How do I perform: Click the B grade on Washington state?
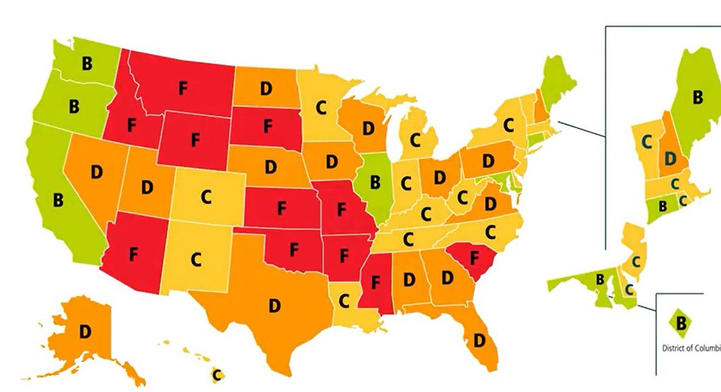(86, 64)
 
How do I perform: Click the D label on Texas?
(274, 305)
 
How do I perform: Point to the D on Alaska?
(85, 331)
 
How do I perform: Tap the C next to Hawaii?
(217, 373)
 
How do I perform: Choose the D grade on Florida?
(480, 339)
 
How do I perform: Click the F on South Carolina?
(474, 258)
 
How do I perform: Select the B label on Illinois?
(375, 182)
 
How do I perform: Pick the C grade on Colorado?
(206, 197)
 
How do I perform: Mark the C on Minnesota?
(322, 107)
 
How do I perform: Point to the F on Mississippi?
(375, 281)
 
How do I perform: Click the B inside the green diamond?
(681, 324)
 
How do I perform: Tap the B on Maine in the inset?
(697, 98)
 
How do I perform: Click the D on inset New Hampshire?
(670, 158)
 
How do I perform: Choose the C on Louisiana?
(344, 298)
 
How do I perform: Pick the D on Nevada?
(97, 172)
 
